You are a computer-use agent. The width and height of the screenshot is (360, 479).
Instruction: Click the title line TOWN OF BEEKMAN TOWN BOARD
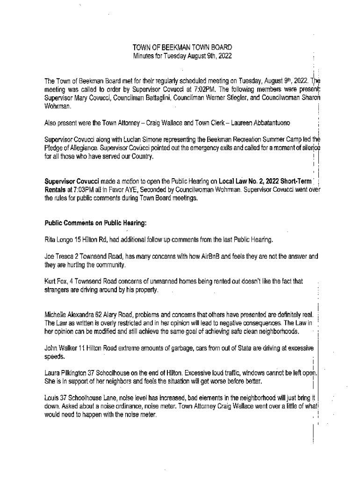tap(182, 48)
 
